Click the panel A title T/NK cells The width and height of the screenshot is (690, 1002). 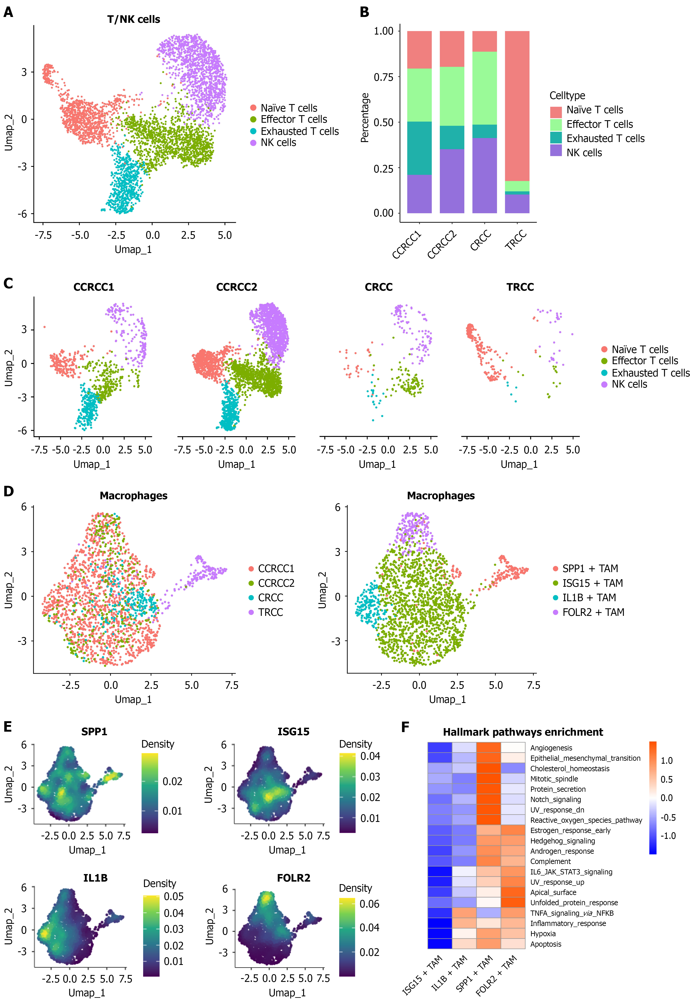134,19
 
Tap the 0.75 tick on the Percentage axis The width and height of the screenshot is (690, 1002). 384,77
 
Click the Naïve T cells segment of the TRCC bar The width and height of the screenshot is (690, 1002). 517,106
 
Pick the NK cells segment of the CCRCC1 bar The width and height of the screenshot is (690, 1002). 419,194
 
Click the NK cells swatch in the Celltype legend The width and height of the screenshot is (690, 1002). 556,151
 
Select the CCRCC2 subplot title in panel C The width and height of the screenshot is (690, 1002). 237,287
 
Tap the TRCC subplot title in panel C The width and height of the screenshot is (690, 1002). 520,287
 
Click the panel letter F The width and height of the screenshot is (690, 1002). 405,727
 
